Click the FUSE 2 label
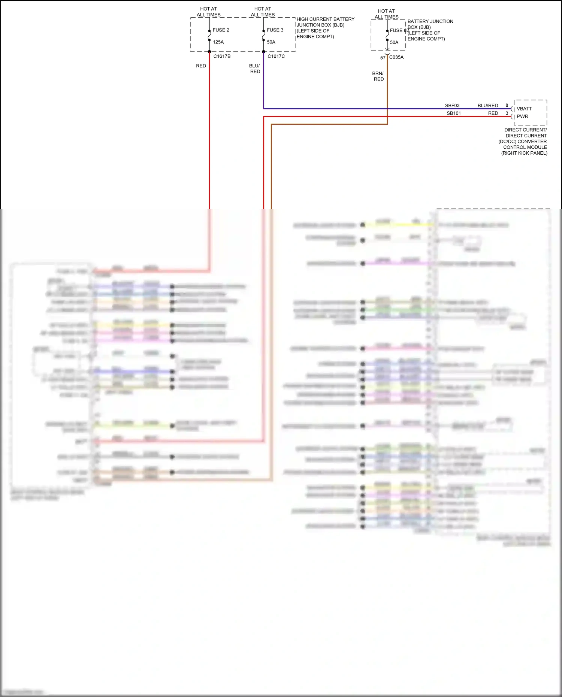click(221, 30)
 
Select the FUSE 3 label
click(275, 30)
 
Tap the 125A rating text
click(218, 42)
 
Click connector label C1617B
click(222, 56)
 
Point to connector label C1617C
click(276, 56)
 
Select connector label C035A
click(396, 57)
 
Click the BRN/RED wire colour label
click(378, 76)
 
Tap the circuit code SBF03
click(452, 106)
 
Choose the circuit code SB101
click(453, 113)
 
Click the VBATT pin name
click(524, 109)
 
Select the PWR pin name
click(522, 116)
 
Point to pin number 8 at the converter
click(507, 105)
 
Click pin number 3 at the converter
click(507, 113)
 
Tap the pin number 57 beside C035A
click(383, 58)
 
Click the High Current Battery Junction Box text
click(325, 28)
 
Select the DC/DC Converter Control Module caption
click(525, 141)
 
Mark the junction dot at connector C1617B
click(209, 52)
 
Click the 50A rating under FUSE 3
click(271, 42)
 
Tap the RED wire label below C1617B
click(201, 66)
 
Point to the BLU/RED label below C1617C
click(255, 69)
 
